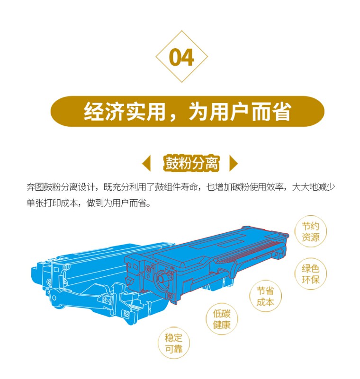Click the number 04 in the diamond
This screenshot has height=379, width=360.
pyautogui.click(x=181, y=57)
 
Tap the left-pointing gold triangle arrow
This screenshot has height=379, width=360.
pyautogui.click(x=147, y=163)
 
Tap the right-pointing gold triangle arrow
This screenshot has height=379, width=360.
pyautogui.click(x=234, y=163)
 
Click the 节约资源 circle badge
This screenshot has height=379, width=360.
pyautogui.click(x=310, y=231)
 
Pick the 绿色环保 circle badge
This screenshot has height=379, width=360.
pyautogui.click(x=310, y=274)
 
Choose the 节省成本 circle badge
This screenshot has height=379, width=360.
pyautogui.click(x=265, y=296)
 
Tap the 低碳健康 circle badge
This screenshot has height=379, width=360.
pyautogui.click(x=222, y=319)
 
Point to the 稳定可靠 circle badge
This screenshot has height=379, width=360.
pyautogui.click(x=173, y=343)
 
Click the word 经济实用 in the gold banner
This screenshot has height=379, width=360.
pyautogui.click(x=125, y=111)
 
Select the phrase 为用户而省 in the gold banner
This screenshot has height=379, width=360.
pyautogui.click(x=240, y=111)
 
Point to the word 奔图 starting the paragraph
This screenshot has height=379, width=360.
pyautogui.click(x=35, y=187)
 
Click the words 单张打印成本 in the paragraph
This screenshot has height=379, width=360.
pyautogui.click(x=52, y=203)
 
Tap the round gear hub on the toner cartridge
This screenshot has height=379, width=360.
pyautogui.click(x=162, y=278)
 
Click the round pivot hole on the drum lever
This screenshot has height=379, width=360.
pyautogui.click(x=54, y=298)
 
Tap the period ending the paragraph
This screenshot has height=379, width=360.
pyautogui.click(x=148, y=205)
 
